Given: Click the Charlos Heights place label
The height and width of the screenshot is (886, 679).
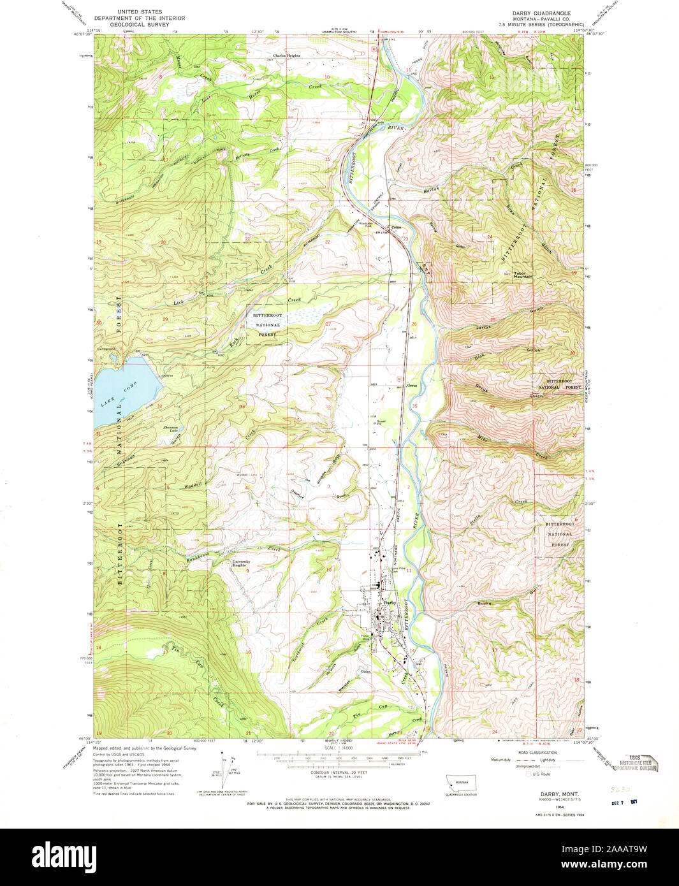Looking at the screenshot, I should click(286, 55).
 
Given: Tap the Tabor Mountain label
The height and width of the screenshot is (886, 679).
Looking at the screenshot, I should click(523, 275).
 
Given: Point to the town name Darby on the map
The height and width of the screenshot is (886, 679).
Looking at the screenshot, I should click(389, 602).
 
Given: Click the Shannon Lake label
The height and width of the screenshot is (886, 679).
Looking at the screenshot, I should click(170, 428).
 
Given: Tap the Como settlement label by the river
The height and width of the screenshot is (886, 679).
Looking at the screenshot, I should click(396, 227).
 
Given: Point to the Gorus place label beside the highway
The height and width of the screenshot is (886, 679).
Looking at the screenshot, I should click(412, 385).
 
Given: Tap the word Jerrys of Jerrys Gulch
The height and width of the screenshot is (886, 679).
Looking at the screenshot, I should click(484, 327).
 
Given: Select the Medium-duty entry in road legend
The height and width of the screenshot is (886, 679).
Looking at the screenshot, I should click(502, 760).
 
